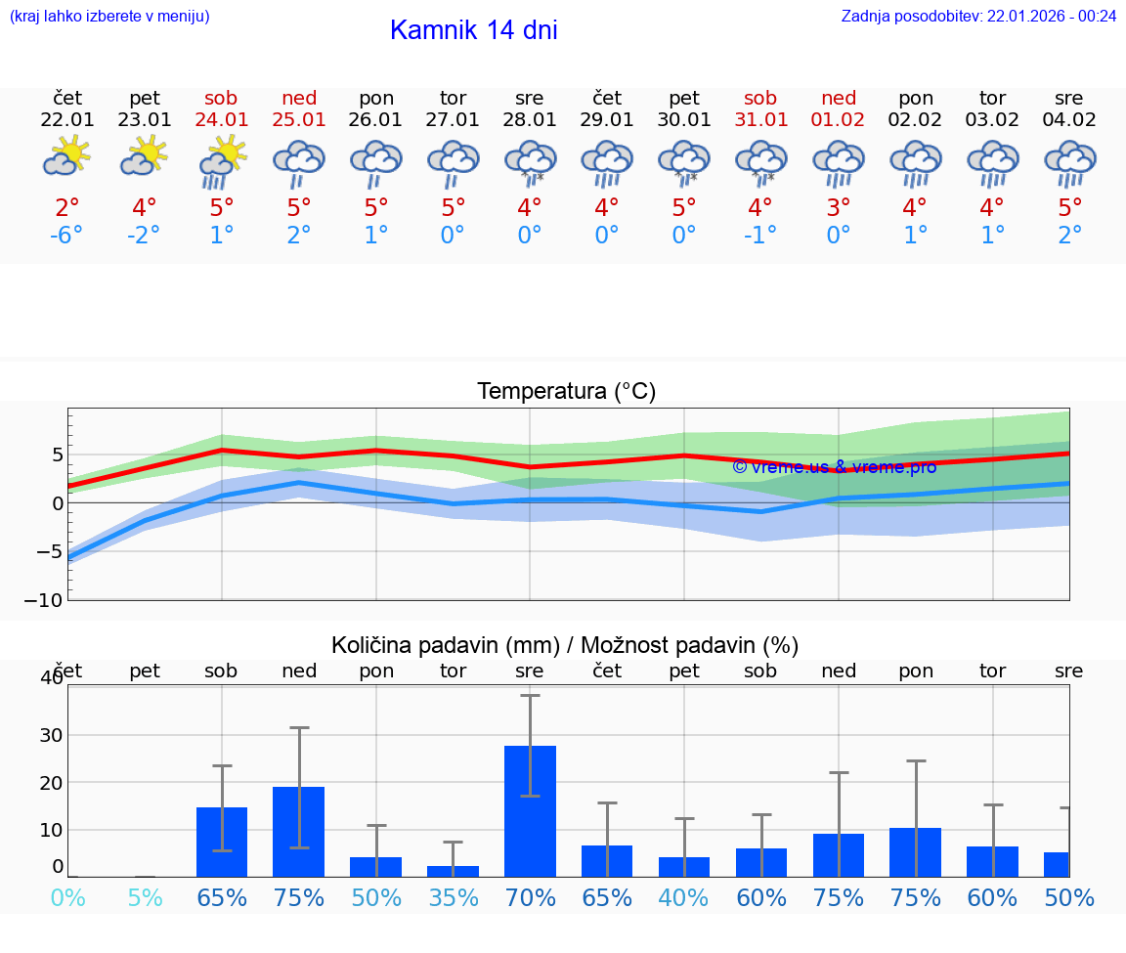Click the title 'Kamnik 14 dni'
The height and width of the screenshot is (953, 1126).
click(x=473, y=30)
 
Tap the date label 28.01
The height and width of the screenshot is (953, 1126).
click(x=530, y=120)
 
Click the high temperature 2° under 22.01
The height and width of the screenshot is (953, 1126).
click(x=67, y=208)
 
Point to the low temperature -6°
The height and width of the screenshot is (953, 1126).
click(x=66, y=236)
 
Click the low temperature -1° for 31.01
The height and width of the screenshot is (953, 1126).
click(x=760, y=236)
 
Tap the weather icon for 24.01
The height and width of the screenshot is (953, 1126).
click(x=222, y=161)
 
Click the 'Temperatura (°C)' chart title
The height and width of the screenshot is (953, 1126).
click(x=566, y=392)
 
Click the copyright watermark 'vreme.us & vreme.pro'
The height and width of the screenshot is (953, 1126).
click(x=834, y=466)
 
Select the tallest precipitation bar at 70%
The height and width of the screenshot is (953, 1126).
click(x=530, y=810)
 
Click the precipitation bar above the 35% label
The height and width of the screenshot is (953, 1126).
click(x=453, y=871)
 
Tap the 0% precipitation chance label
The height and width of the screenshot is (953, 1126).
click(x=67, y=897)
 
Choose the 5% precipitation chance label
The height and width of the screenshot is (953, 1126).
click(x=145, y=897)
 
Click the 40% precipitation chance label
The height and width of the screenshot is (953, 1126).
click(x=684, y=897)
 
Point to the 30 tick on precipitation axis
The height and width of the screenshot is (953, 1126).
click(x=51, y=735)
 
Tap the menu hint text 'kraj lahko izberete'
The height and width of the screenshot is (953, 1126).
click(x=108, y=16)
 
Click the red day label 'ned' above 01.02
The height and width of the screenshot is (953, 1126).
click(x=839, y=98)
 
